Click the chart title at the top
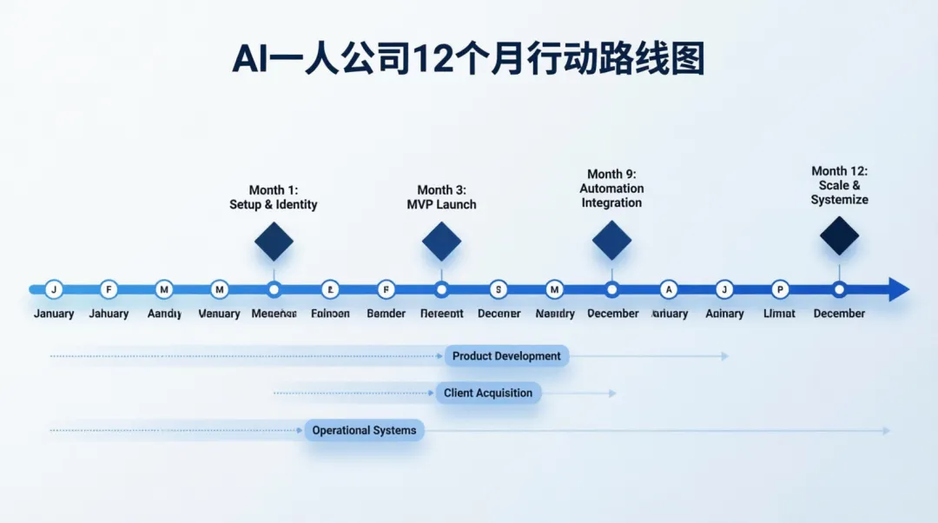click(x=468, y=60)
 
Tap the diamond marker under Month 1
click(x=274, y=242)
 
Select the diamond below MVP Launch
click(x=441, y=242)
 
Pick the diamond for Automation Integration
click(x=611, y=240)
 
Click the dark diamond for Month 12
click(x=839, y=235)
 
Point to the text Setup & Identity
click(x=274, y=205)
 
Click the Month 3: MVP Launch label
click(x=441, y=197)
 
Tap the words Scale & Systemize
click(x=839, y=192)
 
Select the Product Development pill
click(x=506, y=356)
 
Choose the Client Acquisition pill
click(x=488, y=393)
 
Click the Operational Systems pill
click(x=364, y=430)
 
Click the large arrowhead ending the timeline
click(x=899, y=289)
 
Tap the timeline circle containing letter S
click(x=498, y=289)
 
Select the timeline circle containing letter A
click(x=668, y=289)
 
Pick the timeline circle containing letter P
click(x=780, y=289)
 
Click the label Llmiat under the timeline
click(x=779, y=314)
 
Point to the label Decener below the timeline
click(x=499, y=314)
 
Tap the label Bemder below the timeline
click(x=386, y=314)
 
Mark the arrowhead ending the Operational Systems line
click(x=886, y=431)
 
